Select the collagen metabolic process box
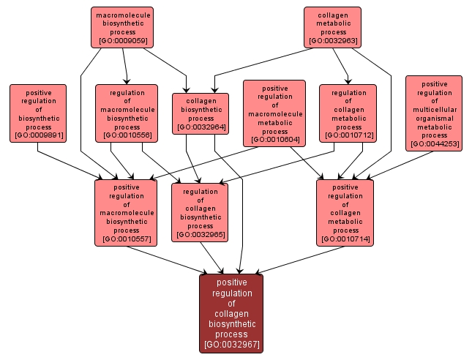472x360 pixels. tap(333, 27)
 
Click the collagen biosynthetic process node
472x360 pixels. tap(201, 113)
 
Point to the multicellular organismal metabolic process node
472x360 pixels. tap(434, 113)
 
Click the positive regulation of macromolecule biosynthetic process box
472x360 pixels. tap(127, 212)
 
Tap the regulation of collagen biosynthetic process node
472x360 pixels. tap(201, 212)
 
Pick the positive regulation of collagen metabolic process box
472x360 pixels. tap(345, 212)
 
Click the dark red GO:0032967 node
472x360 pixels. tap(231, 313)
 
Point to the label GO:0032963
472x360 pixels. tap(333, 41)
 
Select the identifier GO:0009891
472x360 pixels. tap(37, 135)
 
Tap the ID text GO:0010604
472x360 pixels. tap(274, 139)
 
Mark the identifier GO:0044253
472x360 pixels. tap(434, 144)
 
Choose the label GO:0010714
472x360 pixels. tap(345, 239)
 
